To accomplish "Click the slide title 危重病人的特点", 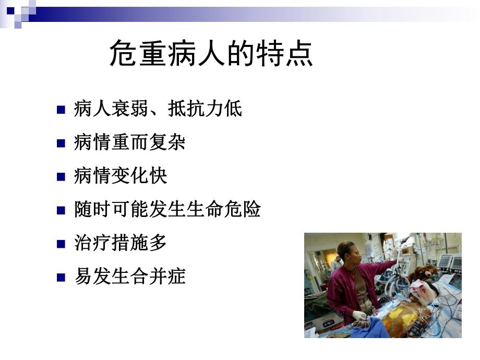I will (x=211, y=54).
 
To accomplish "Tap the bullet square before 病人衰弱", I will (x=61, y=110).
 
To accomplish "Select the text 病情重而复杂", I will (x=130, y=142).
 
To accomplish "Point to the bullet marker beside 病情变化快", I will (x=61, y=176).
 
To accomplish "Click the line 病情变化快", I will (x=121, y=176).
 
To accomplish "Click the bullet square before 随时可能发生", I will (x=61, y=210).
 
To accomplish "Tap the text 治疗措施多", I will (x=121, y=243).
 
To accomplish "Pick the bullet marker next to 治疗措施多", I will (x=61, y=244).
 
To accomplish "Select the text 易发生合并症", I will (x=130, y=277).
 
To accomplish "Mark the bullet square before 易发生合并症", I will (x=61, y=277).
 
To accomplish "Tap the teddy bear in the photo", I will (x=424, y=272).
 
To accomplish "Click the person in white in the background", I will (x=335, y=264).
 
